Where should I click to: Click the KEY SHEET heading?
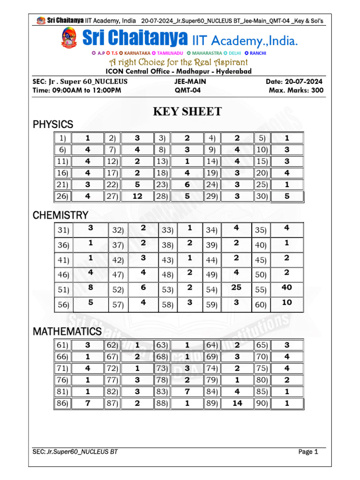[187, 112]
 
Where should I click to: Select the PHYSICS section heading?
[53, 125]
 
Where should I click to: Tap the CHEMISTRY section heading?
[60, 216]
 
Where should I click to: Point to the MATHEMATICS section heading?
[67, 332]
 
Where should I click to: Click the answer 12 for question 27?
[137, 196]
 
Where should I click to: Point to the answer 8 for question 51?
[90, 288]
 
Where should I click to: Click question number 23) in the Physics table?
[162, 185]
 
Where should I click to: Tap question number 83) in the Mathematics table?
[162, 391]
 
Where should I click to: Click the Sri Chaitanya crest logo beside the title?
[69, 38]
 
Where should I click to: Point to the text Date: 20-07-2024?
[294, 82]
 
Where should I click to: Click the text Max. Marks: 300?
[296, 90]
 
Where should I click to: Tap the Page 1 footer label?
[308, 452]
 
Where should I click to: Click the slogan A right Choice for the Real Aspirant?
[179, 62]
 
